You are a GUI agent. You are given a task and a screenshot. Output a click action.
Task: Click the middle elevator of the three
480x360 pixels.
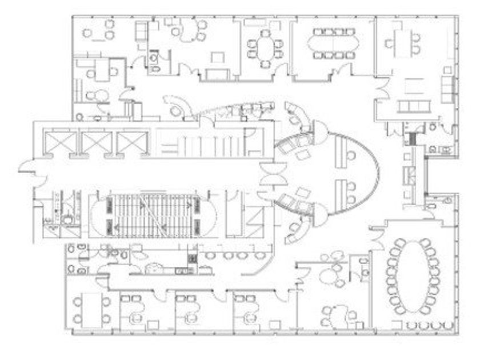coord(95,143)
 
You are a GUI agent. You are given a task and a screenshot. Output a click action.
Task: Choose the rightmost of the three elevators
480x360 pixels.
coord(131,143)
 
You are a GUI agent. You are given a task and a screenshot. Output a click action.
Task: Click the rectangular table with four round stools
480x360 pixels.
coord(91,309)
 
